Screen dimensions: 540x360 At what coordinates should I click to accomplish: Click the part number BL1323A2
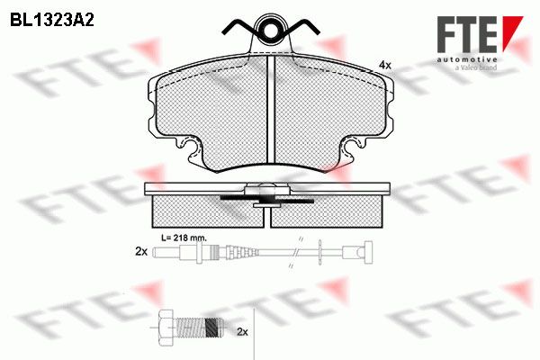tap(52, 21)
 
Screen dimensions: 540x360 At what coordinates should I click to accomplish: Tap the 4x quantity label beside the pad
tap(385, 65)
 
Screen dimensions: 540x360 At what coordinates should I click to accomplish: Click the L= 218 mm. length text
tap(184, 238)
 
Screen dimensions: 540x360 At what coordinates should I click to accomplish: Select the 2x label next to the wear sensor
tap(141, 252)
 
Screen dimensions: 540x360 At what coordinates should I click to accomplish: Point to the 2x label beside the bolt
tap(242, 332)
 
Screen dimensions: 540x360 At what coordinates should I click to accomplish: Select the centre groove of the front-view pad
tap(271, 110)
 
